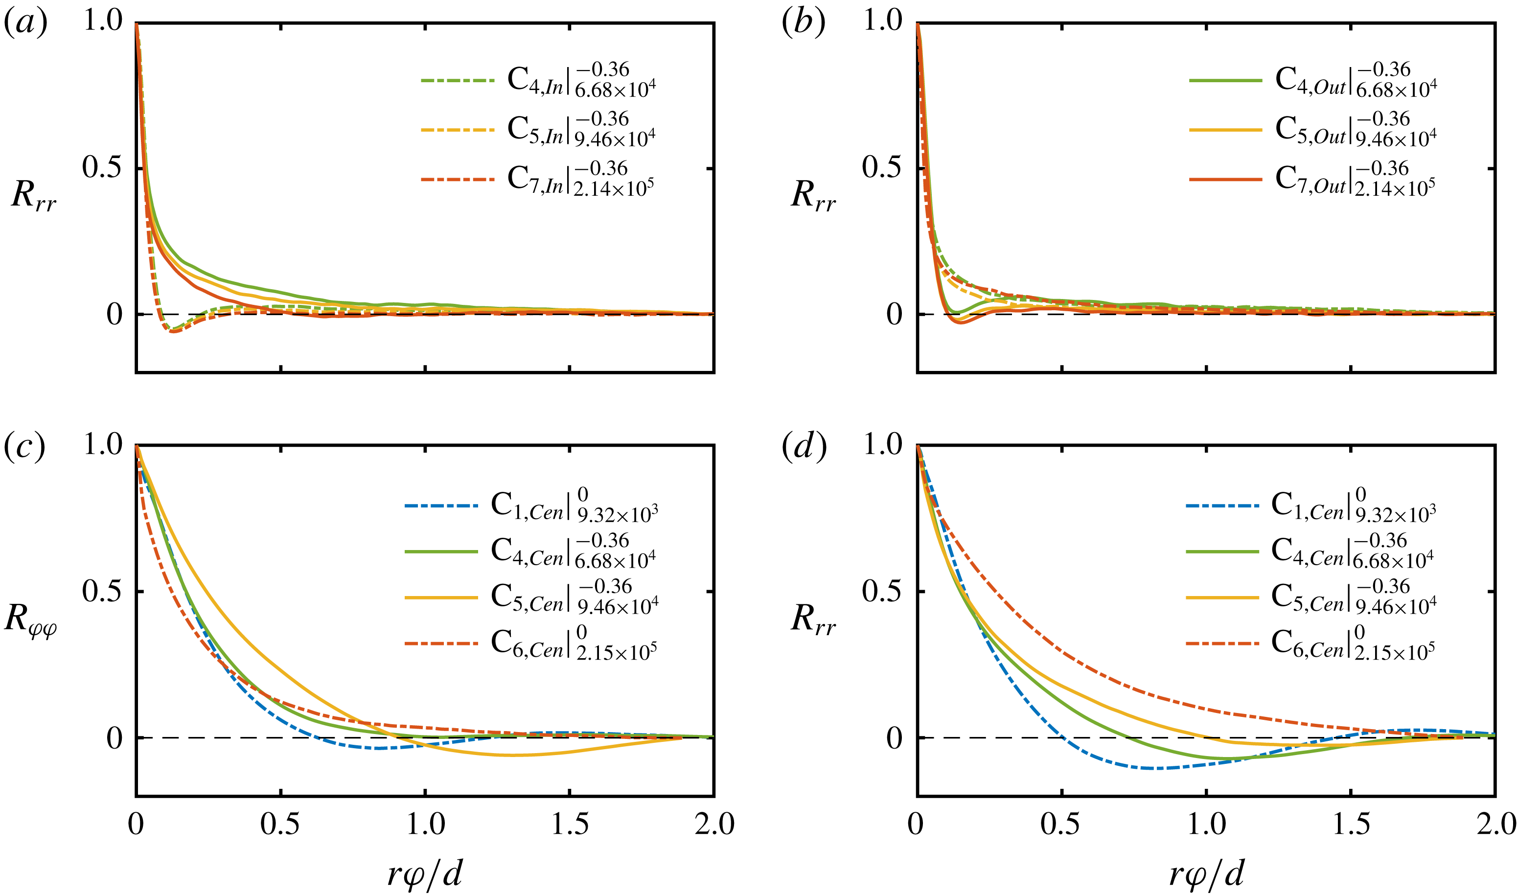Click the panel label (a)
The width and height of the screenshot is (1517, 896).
(x=25, y=24)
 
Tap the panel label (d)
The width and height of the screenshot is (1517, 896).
(x=804, y=447)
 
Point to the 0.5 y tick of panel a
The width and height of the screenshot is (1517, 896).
(x=102, y=168)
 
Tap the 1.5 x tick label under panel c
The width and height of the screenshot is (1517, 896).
(x=570, y=824)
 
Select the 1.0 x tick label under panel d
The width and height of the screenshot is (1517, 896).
(x=1206, y=824)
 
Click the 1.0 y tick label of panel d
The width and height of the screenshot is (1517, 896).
(x=883, y=445)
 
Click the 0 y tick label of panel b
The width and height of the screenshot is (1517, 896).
(x=894, y=315)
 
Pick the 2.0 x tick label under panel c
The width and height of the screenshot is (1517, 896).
(x=714, y=824)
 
